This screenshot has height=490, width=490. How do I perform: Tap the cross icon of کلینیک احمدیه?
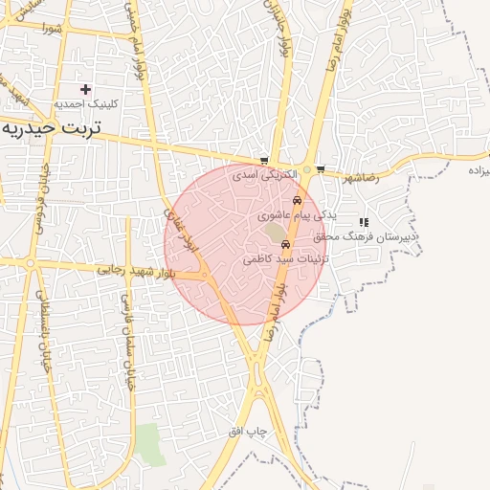(85, 89)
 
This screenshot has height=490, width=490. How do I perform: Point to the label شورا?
(51, 28)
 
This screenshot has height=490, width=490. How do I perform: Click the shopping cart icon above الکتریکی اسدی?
(264, 162)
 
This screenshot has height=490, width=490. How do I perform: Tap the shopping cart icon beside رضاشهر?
(320, 170)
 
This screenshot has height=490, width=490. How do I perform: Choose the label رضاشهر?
(359, 177)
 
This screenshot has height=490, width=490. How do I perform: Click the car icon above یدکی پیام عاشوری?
(298, 201)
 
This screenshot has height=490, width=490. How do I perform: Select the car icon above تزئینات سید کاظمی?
(285, 244)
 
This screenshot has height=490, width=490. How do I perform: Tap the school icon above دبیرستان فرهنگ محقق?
(364, 222)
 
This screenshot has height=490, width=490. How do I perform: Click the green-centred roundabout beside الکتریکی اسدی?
(306, 170)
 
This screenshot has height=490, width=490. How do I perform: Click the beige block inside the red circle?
(276, 233)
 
